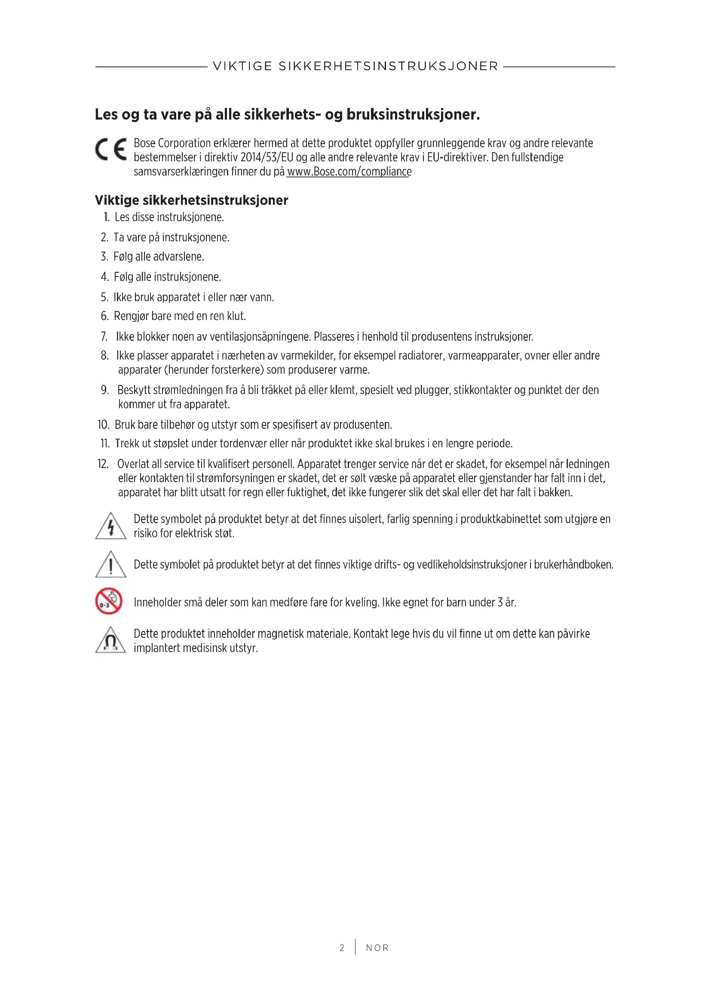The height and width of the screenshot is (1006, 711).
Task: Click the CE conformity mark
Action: coord(111,149)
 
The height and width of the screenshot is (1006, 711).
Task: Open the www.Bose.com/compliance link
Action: coord(349,172)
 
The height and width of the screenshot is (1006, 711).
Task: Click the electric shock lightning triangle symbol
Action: coord(111,526)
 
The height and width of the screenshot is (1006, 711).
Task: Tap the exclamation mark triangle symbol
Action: coord(111,564)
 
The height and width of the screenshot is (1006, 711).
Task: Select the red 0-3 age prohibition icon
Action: coord(109,601)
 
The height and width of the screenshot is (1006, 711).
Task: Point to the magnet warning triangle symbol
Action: coord(111,640)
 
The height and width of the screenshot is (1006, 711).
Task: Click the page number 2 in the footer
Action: coord(342,948)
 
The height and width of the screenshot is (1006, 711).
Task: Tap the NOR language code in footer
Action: coord(377,948)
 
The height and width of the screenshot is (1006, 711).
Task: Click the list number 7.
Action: coord(104,336)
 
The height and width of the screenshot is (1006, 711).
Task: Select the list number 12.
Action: coord(103,464)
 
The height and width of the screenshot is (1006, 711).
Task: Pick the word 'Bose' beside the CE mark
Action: coord(144,143)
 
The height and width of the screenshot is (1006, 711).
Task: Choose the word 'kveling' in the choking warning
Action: coord(361,603)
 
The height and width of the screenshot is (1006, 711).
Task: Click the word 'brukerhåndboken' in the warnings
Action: coord(573,564)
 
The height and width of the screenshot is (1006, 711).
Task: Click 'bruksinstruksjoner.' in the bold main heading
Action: coord(413,114)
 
